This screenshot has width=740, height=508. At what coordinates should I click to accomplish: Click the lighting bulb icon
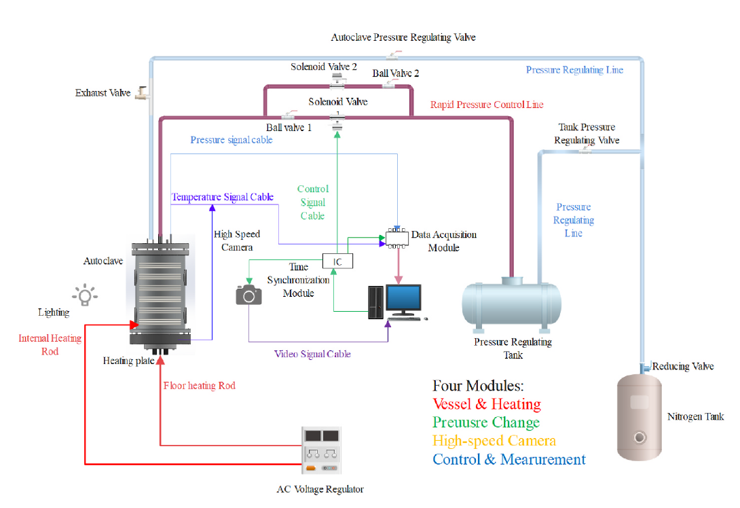(85, 295)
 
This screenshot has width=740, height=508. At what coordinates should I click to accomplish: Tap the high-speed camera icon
(248, 294)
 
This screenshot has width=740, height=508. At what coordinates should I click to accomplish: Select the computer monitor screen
(403, 298)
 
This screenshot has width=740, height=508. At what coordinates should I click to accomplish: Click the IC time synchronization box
(337, 261)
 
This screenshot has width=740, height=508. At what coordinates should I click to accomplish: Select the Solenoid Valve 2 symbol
(337, 82)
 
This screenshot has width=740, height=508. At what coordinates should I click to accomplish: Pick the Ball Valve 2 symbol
(390, 84)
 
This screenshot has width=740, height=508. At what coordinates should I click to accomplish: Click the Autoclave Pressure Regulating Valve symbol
(394, 55)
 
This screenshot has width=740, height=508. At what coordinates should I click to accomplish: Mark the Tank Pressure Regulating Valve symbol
(583, 151)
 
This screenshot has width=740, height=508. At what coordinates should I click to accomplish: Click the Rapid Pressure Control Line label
(487, 105)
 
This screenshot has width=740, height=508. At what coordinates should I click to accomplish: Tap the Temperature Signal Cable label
(223, 197)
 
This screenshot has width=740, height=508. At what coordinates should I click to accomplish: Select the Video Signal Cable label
(312, 354)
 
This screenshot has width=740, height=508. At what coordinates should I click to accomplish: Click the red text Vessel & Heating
(487, 404)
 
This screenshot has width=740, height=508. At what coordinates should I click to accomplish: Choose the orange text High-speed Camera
(494, 441)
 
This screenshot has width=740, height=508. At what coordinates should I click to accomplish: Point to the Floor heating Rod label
(200, 385)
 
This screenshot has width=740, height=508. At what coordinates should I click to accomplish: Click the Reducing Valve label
(683, 366)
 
